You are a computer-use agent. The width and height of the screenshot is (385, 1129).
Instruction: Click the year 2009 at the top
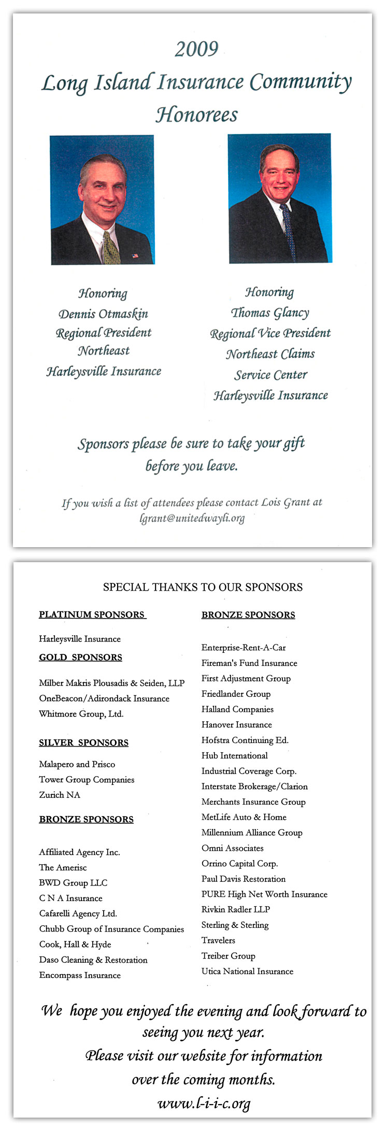(196, 49)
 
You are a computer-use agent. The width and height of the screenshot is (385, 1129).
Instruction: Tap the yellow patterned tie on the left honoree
(110, 248)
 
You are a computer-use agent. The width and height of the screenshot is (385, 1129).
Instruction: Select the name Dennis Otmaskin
(103, 314)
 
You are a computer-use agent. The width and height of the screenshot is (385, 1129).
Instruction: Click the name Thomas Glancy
(270, 313)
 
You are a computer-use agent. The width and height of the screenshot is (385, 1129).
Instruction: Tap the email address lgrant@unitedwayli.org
(192, 518)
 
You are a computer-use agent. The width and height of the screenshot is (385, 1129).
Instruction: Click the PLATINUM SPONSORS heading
(92, 614)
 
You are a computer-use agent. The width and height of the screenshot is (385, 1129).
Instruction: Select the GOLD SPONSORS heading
(80, 658)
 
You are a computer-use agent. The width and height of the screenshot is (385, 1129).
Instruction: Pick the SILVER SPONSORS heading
(83, 742)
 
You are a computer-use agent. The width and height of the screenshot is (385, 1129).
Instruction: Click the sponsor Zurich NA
(60, 795)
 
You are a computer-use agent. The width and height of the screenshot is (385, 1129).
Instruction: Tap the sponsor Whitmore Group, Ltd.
(81, 714)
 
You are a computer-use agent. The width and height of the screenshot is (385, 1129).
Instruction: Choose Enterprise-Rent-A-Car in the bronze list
(244, 648)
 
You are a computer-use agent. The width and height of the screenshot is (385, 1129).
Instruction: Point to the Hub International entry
(235, 755)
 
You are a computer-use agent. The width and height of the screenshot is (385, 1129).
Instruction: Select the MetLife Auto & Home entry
(244, 817)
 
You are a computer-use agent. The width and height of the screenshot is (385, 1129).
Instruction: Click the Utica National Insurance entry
(247, 971)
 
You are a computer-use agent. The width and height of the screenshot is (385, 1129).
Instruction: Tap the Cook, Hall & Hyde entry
(75, 945)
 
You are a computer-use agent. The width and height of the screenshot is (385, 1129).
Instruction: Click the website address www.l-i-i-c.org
(204, 1104)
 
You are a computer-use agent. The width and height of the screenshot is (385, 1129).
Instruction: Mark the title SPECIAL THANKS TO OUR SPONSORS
(203, 587)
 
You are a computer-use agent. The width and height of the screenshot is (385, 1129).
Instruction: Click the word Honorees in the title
(197, 115)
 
